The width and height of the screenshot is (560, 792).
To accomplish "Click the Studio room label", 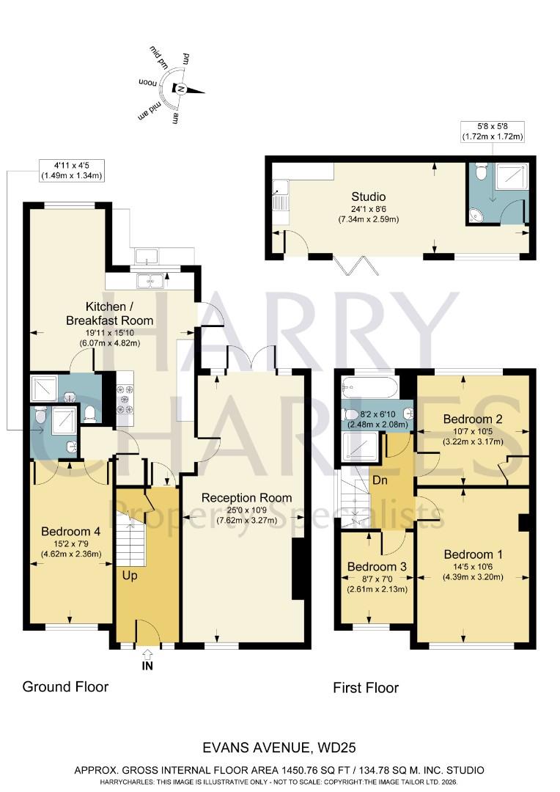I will (x=368, y=197).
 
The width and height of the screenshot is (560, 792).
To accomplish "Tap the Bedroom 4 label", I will (x=70, y=531).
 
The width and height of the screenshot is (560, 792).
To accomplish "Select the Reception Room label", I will (x=243, y=499).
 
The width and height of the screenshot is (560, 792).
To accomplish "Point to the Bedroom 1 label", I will (x=474, y=554).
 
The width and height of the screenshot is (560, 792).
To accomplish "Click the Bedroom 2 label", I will (x=473, y=419).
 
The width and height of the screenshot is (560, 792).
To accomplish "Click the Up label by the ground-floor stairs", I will (x=130, y=576).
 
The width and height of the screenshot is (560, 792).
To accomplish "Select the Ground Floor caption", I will (x=65, y=687).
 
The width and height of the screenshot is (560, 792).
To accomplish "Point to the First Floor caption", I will (x=366, y=688).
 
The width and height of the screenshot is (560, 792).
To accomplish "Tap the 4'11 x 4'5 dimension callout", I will (x=71, y=170).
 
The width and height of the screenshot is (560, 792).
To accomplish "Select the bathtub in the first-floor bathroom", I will (x=369, y=386).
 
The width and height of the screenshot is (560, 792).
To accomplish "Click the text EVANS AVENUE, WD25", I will (x=279, y=749).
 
